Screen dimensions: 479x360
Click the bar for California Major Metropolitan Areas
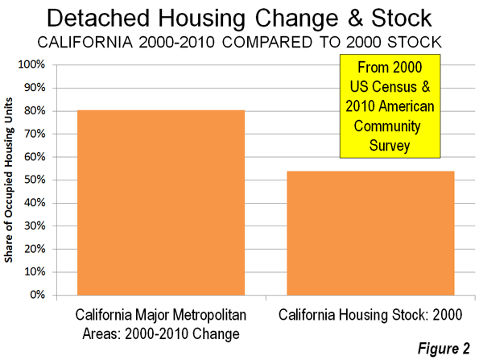click(x=161, y=203)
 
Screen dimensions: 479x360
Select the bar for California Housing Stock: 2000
click(x=370, y=234)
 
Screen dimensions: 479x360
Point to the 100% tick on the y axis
click(x=31, y=64)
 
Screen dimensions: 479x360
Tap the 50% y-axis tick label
click(x=35, y=180)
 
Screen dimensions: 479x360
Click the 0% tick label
click(x=37, y=295)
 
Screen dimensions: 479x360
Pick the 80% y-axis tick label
click(x=35, y=110)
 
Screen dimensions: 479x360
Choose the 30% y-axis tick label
click(x=35, y=226)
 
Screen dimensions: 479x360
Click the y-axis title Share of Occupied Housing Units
click(x=9, y=180)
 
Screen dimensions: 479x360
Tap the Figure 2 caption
click(x=444, y=349)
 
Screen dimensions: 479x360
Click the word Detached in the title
click(x=98, y=18)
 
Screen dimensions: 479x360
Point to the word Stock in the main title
click(x=402, y=18)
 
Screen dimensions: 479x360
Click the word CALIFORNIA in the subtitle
click(x=85, y=42)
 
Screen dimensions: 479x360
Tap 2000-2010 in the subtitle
click(x=177, y=42)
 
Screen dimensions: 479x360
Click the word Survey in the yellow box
click(x=390, y=146)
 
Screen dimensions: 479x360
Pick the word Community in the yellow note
click(x=387, y=126)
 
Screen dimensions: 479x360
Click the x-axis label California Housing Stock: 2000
click(x=370, y=315)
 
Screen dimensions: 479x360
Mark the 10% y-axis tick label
click(x=35, y=272)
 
